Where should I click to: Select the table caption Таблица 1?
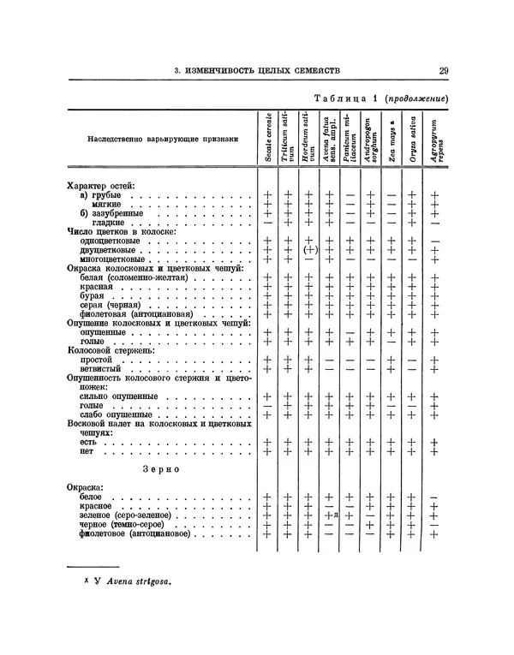click(347, 99)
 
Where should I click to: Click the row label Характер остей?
click(101, 185)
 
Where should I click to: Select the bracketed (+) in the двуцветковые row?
click(309, 249)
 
